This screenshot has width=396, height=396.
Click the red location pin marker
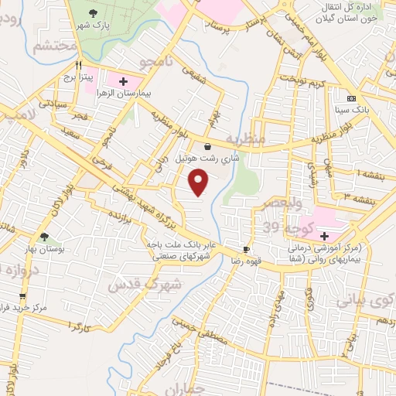point(200,183)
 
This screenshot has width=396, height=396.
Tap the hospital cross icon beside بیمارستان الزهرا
point(124,80)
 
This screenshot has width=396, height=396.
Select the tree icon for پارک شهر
point(94,12)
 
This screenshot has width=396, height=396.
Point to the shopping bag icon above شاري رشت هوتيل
point(207,146)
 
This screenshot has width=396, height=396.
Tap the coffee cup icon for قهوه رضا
point(247,249)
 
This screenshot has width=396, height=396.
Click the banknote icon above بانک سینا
point(351,99)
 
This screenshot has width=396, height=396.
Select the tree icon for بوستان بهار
point(43,237)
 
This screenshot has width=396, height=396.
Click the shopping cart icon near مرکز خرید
point(22,295)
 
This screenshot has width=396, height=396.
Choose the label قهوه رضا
point(244,261)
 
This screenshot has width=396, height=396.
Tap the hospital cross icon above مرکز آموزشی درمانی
point(323,236)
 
